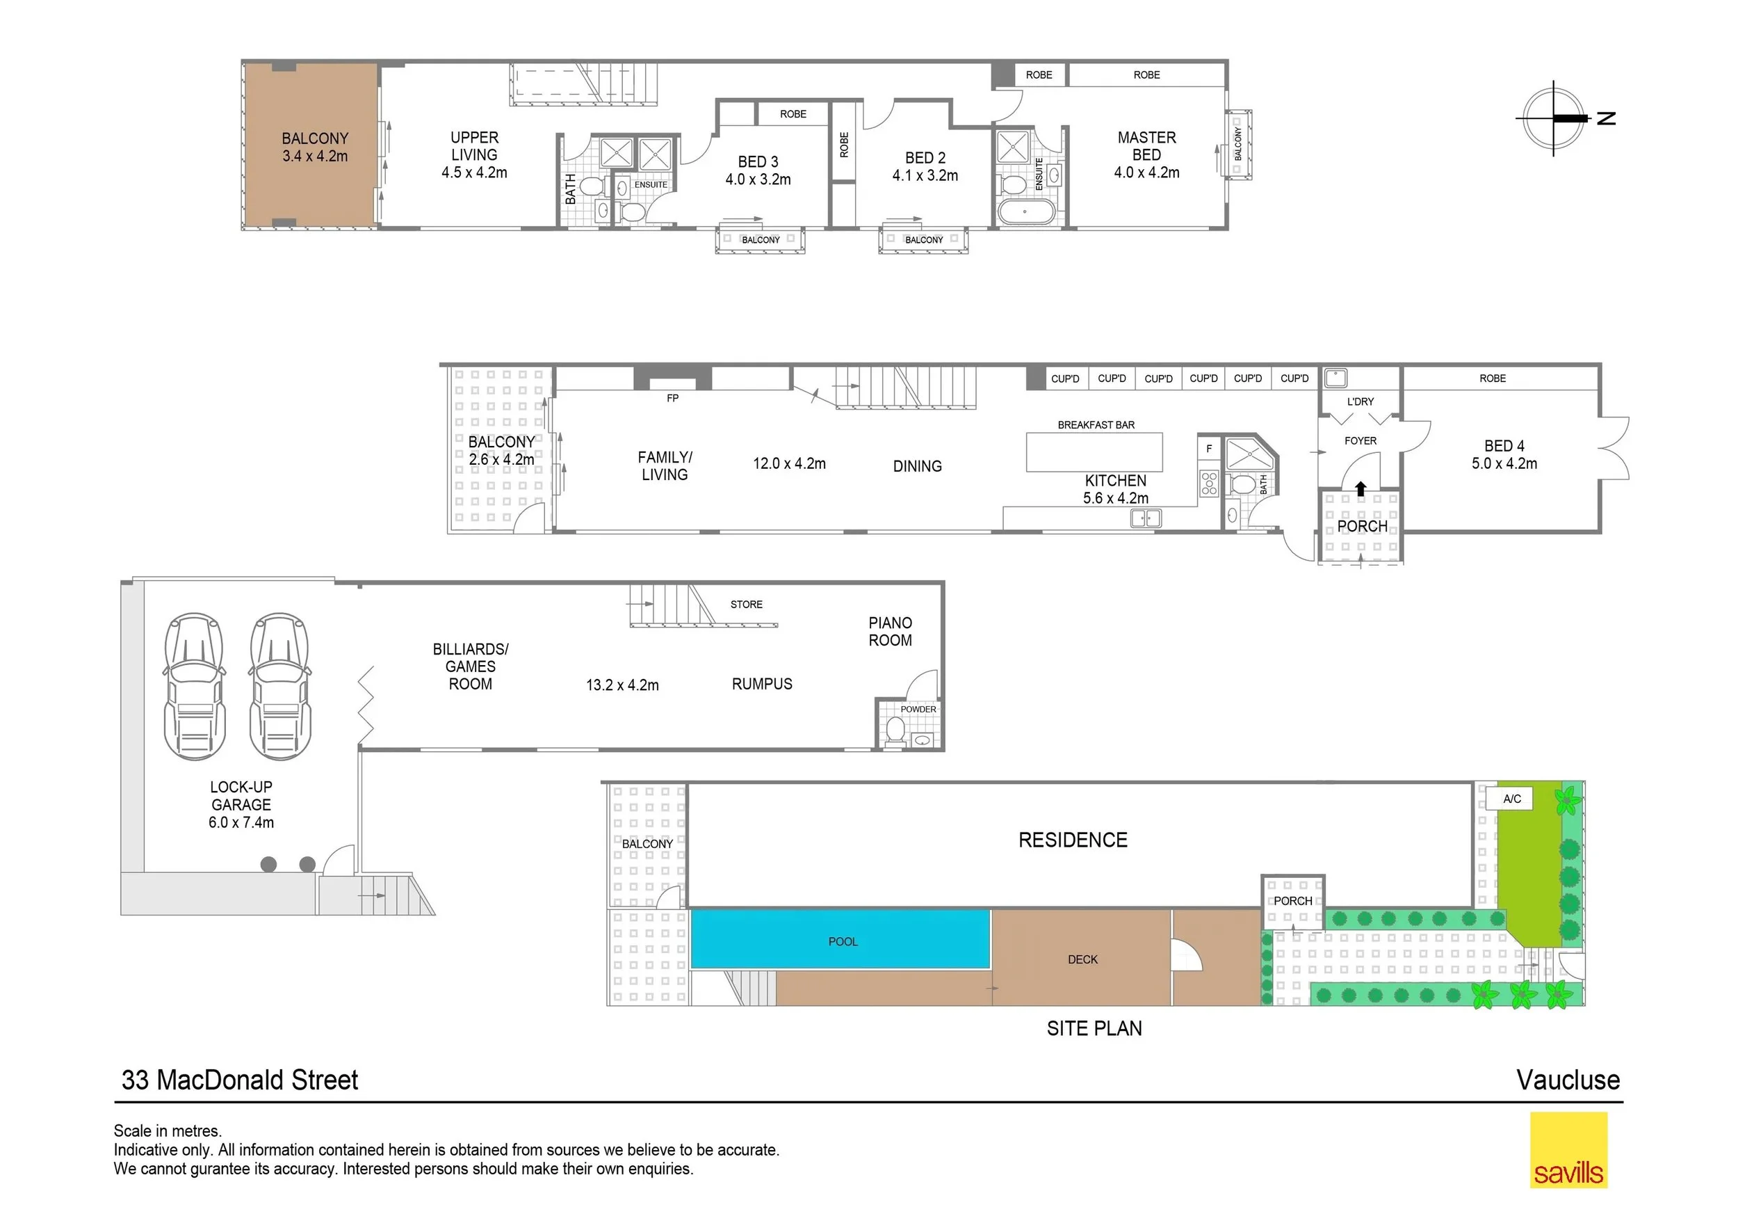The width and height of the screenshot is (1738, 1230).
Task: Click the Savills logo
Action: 1568,1149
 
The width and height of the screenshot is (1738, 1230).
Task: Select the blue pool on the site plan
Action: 840,939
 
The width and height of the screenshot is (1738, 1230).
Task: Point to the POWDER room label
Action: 918,709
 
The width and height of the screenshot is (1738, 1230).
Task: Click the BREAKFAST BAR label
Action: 1096,425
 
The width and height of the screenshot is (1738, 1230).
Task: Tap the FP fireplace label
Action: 672,398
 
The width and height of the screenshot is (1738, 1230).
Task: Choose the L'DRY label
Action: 1361,401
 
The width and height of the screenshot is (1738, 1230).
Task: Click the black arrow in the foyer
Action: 1361,488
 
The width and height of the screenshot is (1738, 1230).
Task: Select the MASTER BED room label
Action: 1147,146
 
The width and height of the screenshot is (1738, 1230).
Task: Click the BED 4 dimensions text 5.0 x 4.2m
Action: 1504,463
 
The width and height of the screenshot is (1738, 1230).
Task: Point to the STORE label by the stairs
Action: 747,605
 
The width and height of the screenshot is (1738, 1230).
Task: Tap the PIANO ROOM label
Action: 890,632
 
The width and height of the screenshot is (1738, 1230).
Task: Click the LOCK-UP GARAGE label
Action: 241,796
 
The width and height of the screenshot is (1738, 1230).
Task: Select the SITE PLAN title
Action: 1094,1028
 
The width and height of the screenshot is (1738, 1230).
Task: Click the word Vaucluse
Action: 1568,1079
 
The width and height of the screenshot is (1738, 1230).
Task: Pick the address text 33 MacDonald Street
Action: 240,1079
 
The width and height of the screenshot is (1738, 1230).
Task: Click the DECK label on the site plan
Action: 1082,959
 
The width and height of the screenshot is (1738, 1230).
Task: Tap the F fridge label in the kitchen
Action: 1209,448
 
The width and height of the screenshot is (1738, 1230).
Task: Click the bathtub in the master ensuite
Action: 1025,212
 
